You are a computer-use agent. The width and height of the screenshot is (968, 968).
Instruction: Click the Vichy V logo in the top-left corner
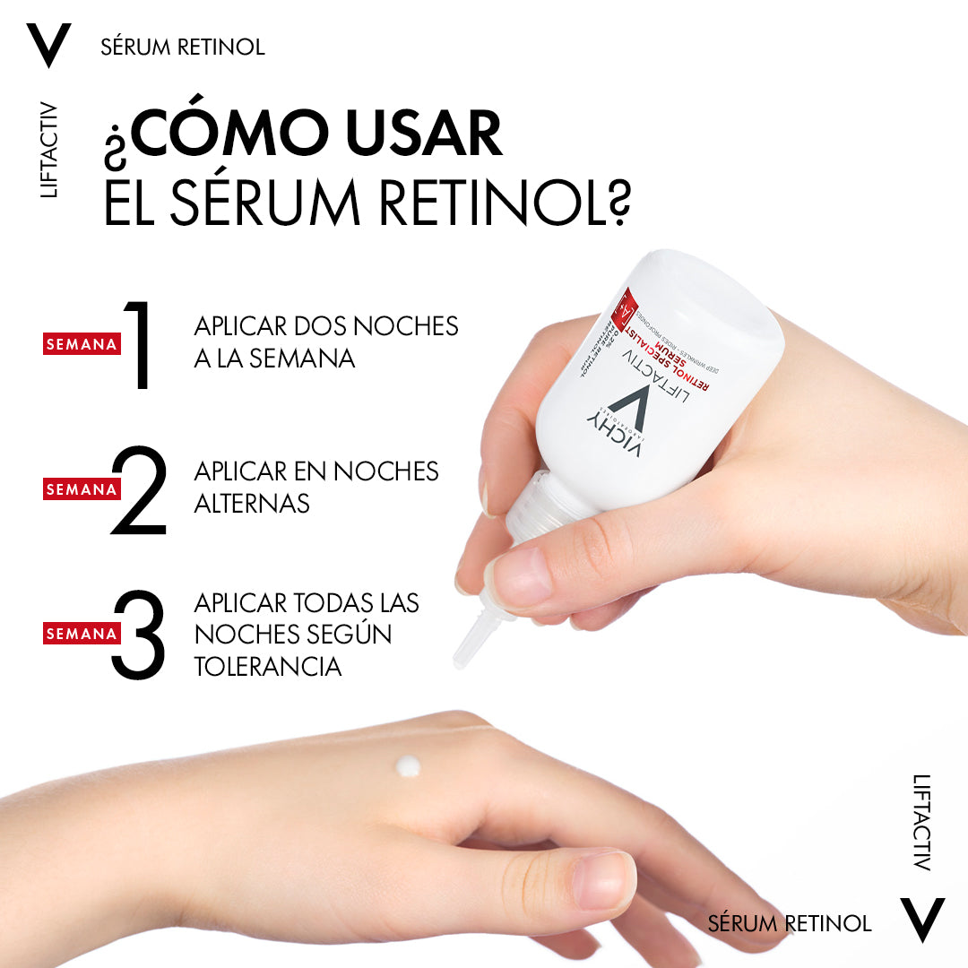48,46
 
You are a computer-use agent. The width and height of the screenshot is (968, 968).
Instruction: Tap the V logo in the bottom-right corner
922,920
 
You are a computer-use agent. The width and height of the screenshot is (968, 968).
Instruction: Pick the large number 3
140,634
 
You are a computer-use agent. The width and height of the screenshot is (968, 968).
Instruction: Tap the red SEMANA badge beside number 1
82,344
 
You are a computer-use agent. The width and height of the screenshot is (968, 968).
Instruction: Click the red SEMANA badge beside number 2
82,489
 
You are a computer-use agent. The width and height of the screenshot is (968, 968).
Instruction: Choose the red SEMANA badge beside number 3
82,634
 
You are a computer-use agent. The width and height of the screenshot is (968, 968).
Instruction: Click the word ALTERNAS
252,504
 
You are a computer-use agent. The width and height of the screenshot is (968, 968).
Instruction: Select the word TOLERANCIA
268,667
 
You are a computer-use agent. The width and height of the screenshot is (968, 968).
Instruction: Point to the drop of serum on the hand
409,766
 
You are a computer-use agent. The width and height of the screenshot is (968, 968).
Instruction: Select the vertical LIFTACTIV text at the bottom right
921,822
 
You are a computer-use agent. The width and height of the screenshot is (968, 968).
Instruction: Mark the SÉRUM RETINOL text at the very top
183,47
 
